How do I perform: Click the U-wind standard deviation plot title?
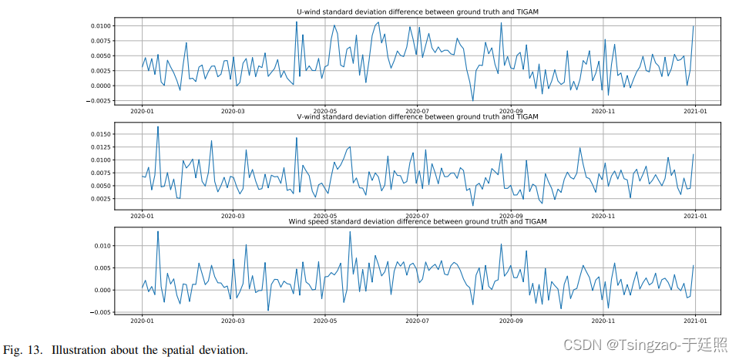[417, 12]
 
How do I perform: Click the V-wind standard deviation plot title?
[417, 117]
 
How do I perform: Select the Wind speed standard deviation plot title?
[417, 222]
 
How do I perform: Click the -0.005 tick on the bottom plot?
[100, 312]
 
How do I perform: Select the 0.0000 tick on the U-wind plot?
[100, 86]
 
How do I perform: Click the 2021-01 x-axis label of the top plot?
[695, 111]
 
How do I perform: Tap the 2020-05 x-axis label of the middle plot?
[325, 217]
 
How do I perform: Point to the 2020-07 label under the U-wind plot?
[417, 111]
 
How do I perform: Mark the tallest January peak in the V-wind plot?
[158, 127]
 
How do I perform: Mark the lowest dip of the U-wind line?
[473, 100]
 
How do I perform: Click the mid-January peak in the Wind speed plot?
[158, 232]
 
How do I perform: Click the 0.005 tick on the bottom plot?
[102, 267]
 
